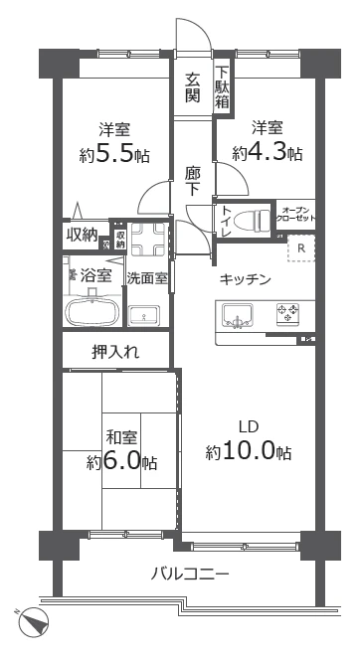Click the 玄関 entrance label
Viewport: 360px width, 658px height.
tap(192, 87)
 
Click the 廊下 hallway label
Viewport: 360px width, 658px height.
tap(194, 180)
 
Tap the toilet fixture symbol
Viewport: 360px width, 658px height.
tap(254, 218)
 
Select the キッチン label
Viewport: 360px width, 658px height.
tap(246, 279)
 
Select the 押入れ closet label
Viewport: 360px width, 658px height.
tap(116, 351)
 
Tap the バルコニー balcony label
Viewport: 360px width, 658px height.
tap(191, 574)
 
